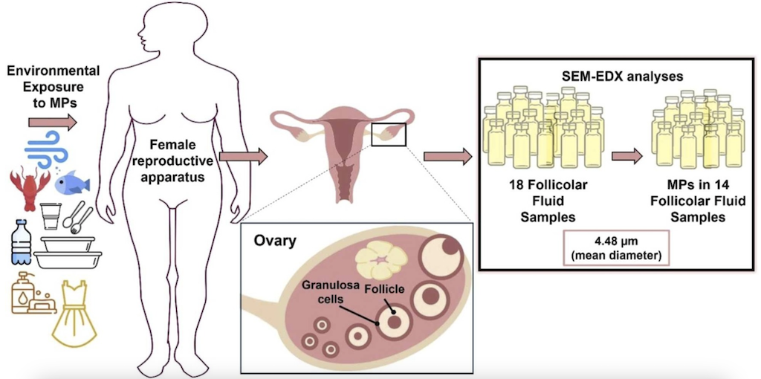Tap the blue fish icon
click(72, 183)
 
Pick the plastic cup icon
click(51, 216)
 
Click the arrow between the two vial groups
click(627, 156)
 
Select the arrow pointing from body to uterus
click(244, 156)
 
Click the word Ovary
click(273, 242)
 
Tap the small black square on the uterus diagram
click(388, 134)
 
